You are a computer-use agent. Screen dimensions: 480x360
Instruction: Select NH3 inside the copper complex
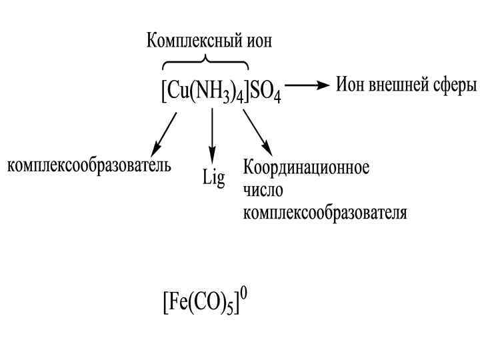tap(213, 93)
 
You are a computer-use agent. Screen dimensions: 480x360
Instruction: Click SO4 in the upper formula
tap(266, 93)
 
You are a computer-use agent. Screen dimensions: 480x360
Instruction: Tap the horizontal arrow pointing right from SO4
tap(307, 85)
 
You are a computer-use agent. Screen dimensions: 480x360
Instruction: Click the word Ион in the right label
tap(349, 85)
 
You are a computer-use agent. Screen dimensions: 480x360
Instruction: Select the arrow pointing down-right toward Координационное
tap(257, 132)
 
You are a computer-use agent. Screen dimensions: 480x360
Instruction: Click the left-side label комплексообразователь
tap(89, 165)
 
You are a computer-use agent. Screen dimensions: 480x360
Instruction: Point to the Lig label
tap(213, 179)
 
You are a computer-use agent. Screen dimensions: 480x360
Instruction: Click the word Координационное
tap(306, 167)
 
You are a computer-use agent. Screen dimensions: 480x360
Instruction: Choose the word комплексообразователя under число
tap(325, 213)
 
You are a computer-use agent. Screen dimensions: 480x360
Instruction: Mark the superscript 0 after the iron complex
tap(243, 294)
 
